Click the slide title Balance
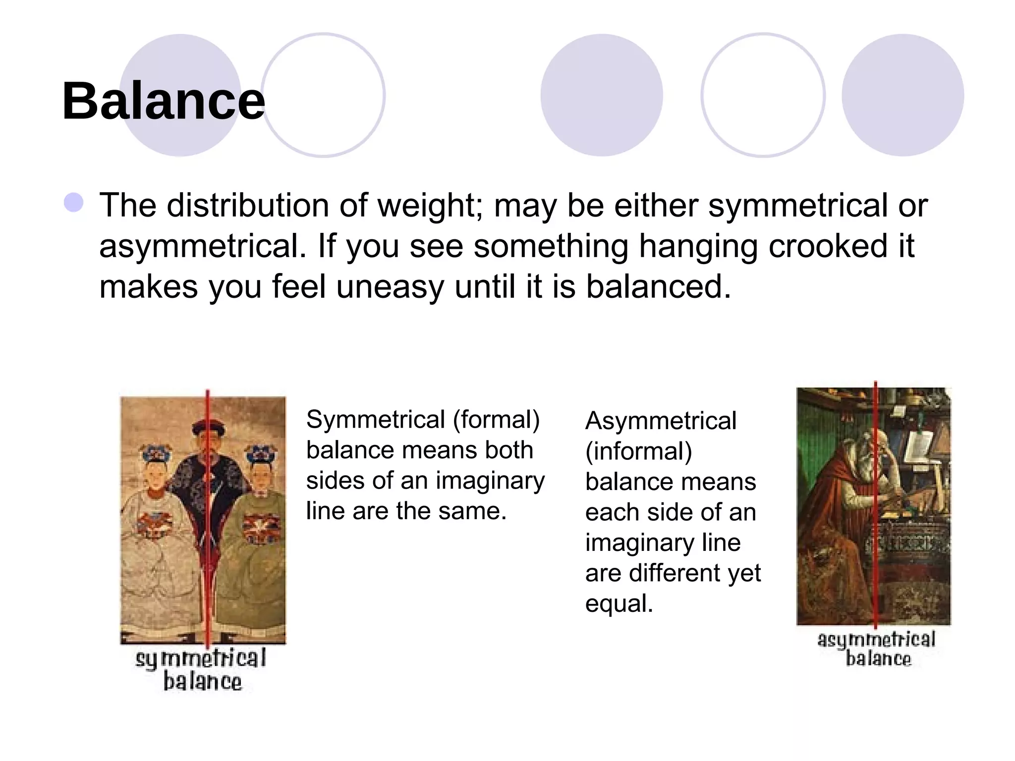point(164,101)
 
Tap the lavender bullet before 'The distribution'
point(74,203)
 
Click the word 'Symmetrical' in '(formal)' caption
point(375,420)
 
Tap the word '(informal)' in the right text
point(638,451)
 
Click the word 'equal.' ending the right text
point(619,603)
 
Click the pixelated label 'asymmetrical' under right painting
point(876,640)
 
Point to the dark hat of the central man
point(208,428)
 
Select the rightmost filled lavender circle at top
point(902,95)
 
